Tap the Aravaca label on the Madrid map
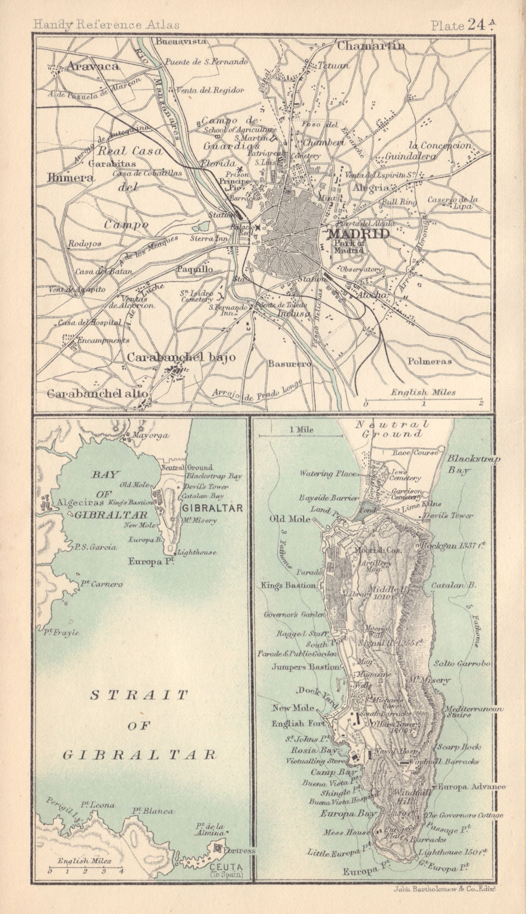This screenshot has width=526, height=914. [x=93, y=66]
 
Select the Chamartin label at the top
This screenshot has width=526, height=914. [x=371, y=46]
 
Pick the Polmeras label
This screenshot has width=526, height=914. [x=429, y=361]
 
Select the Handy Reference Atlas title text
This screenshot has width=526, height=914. [x=106, y=25]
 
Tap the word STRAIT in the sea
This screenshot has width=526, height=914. [x=139, y=695]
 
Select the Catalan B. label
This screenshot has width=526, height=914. [x=462, y=586]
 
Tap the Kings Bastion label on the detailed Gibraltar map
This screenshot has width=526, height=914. [x=288, y=585]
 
